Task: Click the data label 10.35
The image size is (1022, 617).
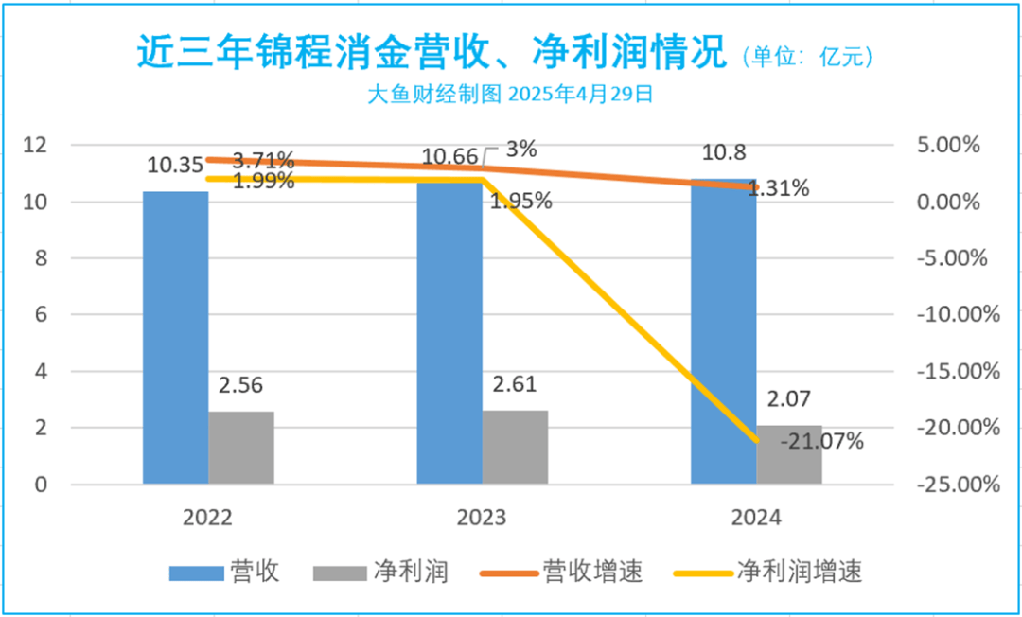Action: point(174,166)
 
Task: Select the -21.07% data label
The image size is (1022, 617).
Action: point(821,440)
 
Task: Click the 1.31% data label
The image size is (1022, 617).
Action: point(778,188)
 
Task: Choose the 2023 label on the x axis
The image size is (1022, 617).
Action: point(482,518)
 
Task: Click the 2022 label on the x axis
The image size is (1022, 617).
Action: point(208,518)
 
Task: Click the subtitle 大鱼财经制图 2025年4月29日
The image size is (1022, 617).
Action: point(510,94)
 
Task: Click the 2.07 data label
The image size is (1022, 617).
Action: point(788,399)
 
